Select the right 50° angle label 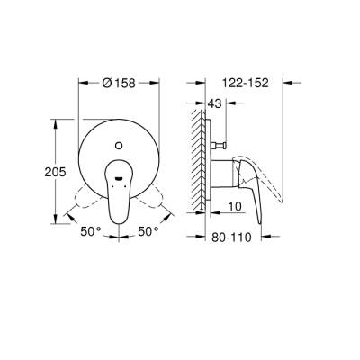pos(148,231)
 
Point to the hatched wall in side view pos(193,157)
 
